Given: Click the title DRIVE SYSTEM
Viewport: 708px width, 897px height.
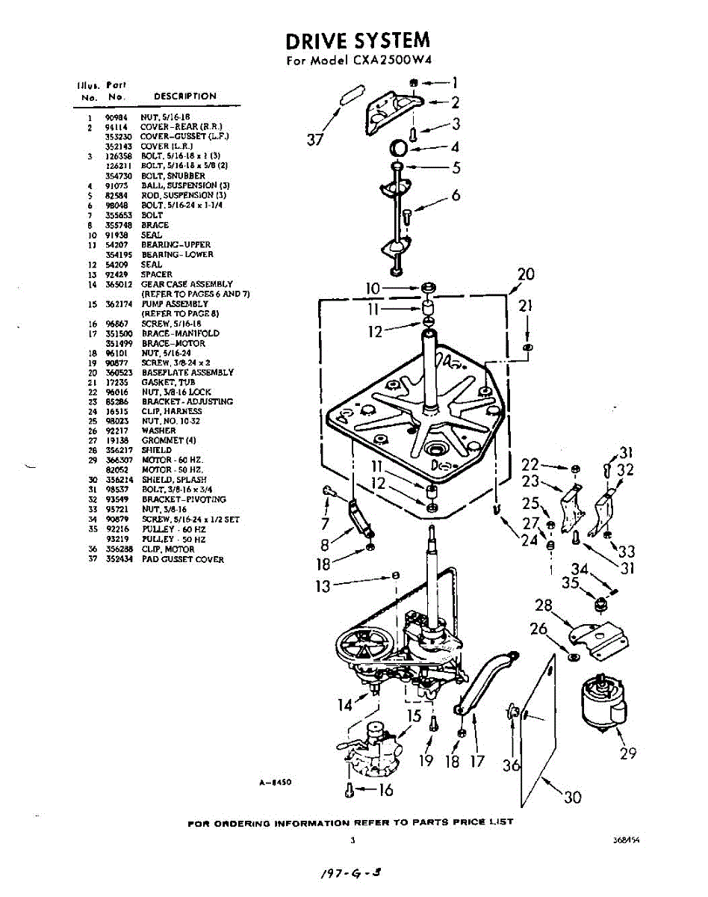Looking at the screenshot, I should [x=358, y=40].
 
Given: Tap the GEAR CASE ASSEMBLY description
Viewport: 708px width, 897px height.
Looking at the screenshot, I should [x=187, y=284].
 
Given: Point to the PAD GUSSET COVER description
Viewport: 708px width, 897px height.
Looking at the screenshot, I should [x=182, y=559].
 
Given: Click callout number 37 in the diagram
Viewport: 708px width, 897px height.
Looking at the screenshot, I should [x=317, y=138].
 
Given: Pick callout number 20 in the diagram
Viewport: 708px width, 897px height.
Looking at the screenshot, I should [x=526, y=274].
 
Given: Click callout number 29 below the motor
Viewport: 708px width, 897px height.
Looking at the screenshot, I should [x=628, y=753].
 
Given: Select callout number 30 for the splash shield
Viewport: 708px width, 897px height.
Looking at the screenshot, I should [x=573, y=797].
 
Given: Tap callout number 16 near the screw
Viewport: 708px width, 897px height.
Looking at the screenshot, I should [x=385, y=789].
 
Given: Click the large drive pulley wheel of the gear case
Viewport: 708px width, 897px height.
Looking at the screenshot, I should [x=361, y=650].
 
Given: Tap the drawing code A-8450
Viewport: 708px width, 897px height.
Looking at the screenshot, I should [x=274, y=782].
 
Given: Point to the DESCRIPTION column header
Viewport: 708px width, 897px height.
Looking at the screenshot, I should [x=185, y=96].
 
